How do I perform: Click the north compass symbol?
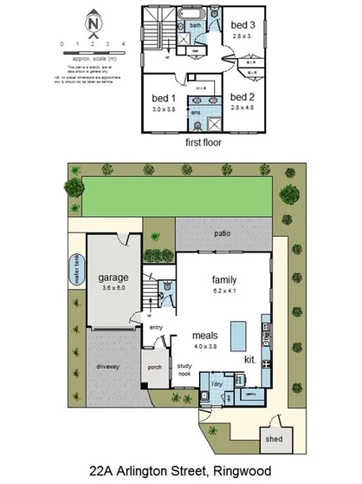coord(93,23)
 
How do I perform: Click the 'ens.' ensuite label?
coord(196,113)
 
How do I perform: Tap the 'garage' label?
coord(113,278)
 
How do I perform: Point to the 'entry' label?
coord(156,327)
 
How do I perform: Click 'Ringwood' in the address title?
coord(239,470)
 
